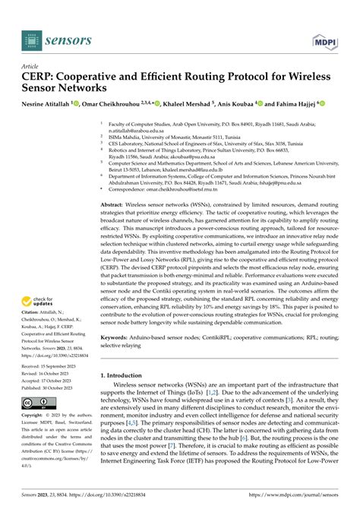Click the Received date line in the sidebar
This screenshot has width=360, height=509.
pyautogui.click(x=52, y=368)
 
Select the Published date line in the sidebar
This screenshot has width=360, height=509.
pyautogui.click(x=52, y=388)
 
